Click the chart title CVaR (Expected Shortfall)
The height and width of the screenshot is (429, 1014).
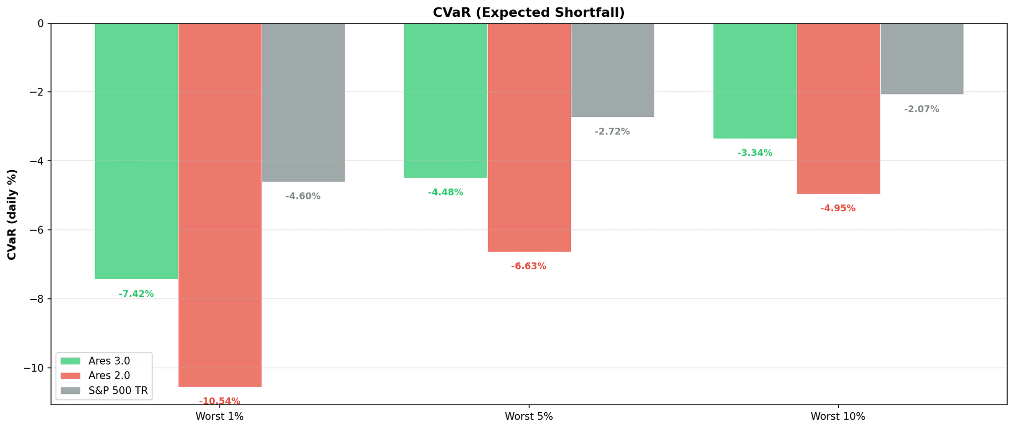528,12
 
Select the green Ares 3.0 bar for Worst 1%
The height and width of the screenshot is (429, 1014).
136,151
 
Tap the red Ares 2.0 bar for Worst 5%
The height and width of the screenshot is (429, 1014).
529,138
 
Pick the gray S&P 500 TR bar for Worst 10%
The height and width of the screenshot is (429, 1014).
921,58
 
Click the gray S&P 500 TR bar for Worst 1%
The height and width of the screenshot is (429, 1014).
303,102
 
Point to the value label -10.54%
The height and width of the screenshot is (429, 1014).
219,401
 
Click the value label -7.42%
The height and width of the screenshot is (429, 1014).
136,294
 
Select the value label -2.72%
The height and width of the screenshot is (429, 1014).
612,132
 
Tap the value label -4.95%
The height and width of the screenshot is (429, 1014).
838,208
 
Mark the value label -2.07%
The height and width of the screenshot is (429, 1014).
921,109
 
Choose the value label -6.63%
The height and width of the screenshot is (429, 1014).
529,266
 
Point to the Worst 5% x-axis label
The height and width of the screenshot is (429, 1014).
529,417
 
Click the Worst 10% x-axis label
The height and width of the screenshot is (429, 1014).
838,417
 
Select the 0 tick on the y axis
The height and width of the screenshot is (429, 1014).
41,23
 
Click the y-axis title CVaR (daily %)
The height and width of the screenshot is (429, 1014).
12,214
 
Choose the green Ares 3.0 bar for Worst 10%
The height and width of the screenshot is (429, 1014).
755,81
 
